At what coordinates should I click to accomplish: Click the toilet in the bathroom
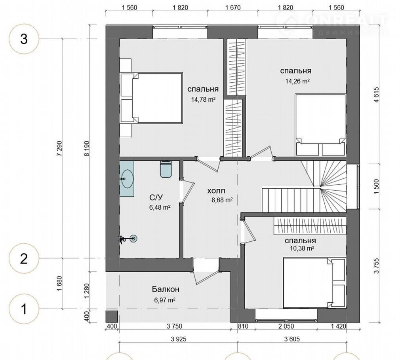click(166, 169)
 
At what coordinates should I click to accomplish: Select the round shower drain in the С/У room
click(133, 239)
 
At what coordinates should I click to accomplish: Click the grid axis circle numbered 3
click(24, 39)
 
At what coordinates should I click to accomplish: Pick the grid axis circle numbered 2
click(24, 258)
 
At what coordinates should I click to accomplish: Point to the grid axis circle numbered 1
click(24, 309)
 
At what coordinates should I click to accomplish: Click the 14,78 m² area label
click(203, 99)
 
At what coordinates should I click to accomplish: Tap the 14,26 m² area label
click(297, 81)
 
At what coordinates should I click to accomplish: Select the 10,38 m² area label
click(302, 248)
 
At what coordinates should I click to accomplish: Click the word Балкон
click(166, 289)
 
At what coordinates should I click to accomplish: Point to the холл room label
click(216, 191)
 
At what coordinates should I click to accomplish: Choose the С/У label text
click(156, 197)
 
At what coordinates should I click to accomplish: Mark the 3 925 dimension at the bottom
click(179, 339)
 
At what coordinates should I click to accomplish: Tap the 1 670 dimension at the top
click(233, 8)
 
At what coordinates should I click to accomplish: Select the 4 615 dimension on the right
click(377, 95)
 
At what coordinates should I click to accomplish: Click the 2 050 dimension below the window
click(286, 326)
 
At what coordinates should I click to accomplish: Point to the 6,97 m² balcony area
click(164, 300)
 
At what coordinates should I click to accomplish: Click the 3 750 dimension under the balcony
click(175, 326)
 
